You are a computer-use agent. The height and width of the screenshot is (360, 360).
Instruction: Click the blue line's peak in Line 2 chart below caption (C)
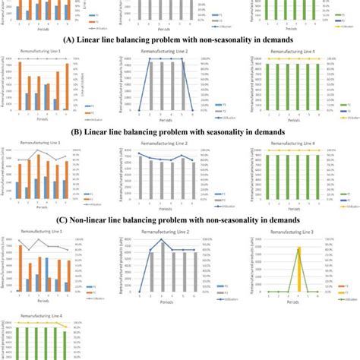pos(161,240)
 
